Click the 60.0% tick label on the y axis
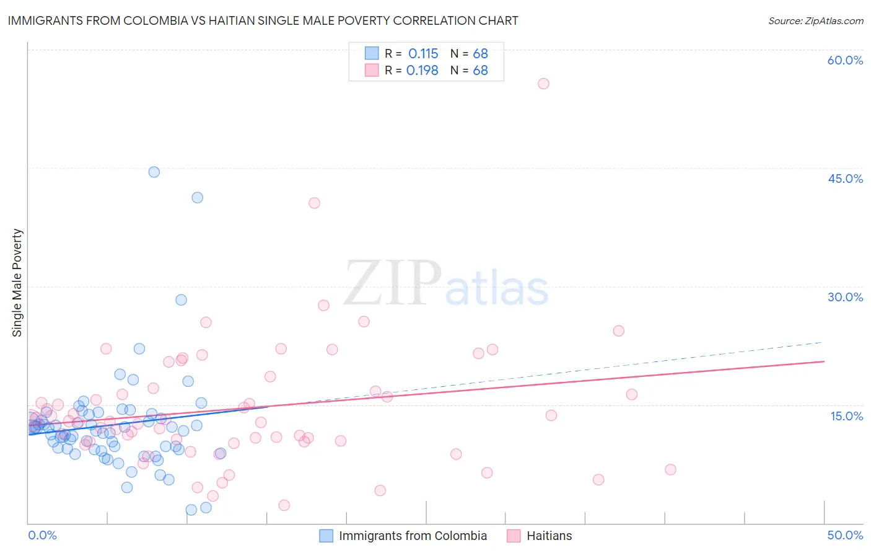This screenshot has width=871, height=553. coord(844,60)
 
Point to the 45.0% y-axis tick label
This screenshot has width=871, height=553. coord(845,179)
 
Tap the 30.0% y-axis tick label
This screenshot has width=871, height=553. coord(845,297)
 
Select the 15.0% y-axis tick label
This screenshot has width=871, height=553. coord(846,415)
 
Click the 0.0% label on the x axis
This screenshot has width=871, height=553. coord(42,535)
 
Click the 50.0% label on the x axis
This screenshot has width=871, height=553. coord(844,535)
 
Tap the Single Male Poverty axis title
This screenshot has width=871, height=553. coord(17,283)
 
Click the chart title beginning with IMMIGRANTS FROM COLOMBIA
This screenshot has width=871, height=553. coord(263,20)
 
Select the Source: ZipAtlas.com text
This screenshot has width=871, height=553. coord(815,20)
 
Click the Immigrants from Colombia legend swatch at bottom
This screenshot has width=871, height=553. coord(326,536)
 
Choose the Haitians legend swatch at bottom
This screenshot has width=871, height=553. coord(514,536)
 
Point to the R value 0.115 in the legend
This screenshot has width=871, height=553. coord(423,54)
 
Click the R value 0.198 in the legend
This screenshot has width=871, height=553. coord(422,71)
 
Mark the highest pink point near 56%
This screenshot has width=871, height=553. coord(543,84)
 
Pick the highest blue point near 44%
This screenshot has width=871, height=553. coord(154,172)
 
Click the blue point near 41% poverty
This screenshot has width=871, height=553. coord(197,198)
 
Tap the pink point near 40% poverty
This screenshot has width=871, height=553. coord(314,203)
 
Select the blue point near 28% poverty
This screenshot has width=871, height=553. coord(181,299)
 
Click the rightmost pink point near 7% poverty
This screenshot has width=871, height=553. coord(670,469)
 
